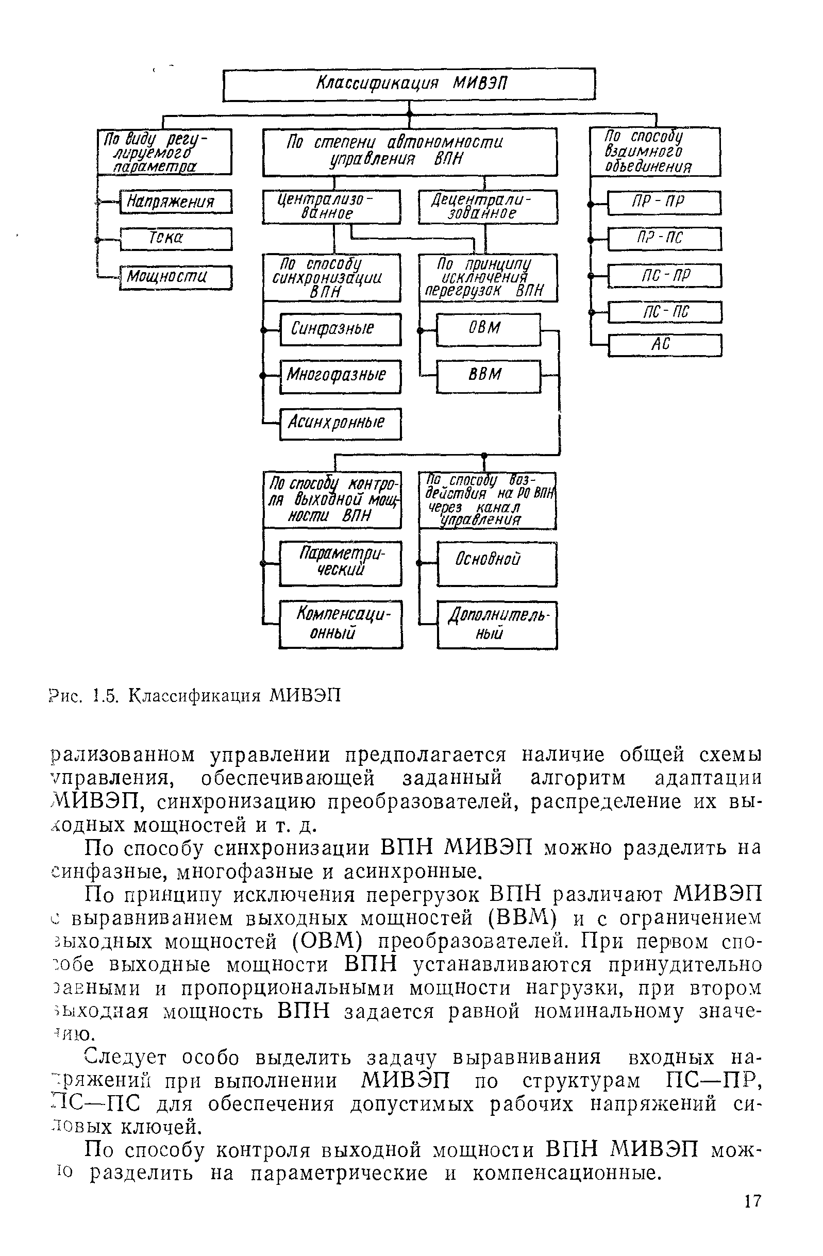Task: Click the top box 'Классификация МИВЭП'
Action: [x=409, y=84]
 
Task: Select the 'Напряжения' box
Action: [x=176, y=202]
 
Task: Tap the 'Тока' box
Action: [x=176, y=239]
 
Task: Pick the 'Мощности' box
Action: [x=176, y=277]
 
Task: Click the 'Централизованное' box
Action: [x=331, y=207]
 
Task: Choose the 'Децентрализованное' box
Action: [x=488, y=207]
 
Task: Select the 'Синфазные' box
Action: [x=340, y=329]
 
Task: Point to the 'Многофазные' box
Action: [x=340, y=376]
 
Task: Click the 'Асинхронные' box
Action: [x=340, y=423]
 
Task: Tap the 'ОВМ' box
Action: [x=488, y=329]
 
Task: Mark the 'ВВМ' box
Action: [x=488, y=376]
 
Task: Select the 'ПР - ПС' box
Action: [x=664, y=239]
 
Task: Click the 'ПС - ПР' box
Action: [x=664, y=276]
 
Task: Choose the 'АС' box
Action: [x=664, y=346]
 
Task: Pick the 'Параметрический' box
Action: [x=340, y=564]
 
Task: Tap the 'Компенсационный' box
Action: [x=340, y=624]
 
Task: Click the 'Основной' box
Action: [x=496, y=564]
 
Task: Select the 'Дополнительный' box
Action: [x=496, y=625]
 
